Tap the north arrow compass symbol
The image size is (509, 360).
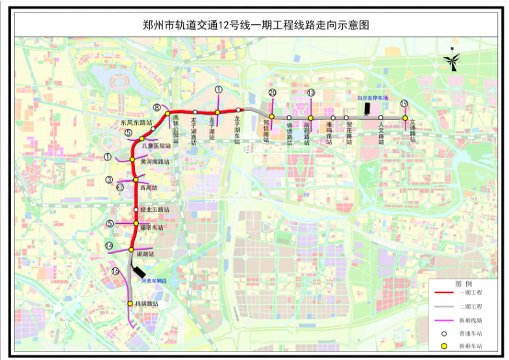pyautogui.click(x=452, y=62)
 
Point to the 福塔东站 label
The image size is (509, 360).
pyautogui.click(x=151, y=228)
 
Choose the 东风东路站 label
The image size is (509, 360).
pyautogui.click(x=136, y=122)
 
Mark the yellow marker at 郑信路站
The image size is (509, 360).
pyautogui.click(x=272, y=117)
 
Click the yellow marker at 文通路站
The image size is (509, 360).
pyautogui.click(x=404, y=118)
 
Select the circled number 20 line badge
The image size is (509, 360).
pyautogui.click(x=272, y=93)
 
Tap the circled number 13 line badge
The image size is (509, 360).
pyautogui.click(x=311, y=93)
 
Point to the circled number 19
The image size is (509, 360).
pyautogui.click(x=404, y=104)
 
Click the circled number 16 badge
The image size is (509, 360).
pyautogui.click(x=115, y=271)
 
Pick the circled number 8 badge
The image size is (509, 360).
pyautogui.click(x=157, y=107)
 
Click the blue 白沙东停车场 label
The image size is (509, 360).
pyautogui.click(x=372, y=98)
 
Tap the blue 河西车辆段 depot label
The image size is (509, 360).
pyautogui.click(x=154, y=281)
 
